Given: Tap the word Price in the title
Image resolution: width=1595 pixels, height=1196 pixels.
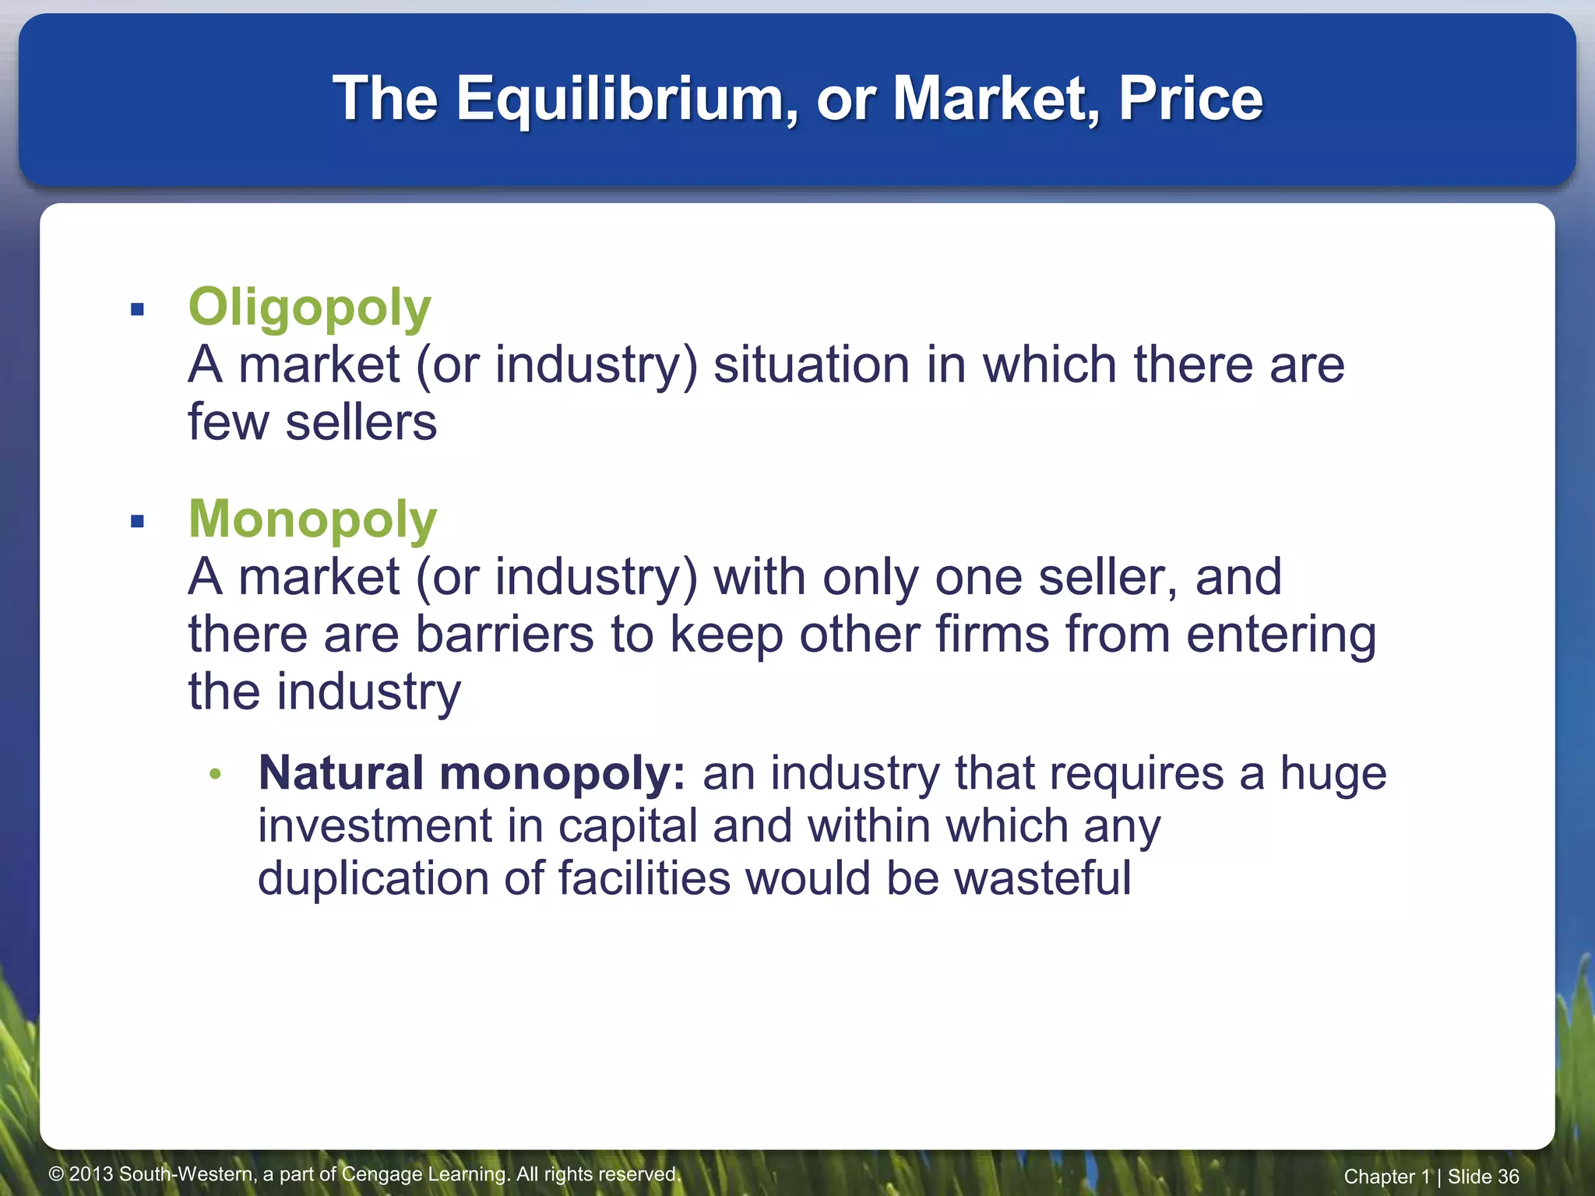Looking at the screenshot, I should pyautogui.click(x=1190, y=99).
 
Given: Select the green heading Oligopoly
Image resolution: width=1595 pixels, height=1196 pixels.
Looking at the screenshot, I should pyautogui.click(x=309, y=308).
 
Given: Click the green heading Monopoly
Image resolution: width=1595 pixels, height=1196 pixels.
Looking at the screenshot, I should pyautogui.click(x=312, y=519).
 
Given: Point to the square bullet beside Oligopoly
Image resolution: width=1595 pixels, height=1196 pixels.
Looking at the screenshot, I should pyautogui.click(x=138, y=310).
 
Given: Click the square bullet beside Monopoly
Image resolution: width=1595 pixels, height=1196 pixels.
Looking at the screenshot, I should pyautogui.click(x=138, y=522).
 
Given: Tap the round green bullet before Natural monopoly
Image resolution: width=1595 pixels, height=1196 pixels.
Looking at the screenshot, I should pyautogui.click(x=216, y=774).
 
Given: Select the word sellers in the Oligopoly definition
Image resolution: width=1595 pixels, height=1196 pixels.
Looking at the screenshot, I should pyautogui.click(x=361, y=423).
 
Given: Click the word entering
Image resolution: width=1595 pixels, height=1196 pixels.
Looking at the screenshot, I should pyautogui.click(x=1280, y=635).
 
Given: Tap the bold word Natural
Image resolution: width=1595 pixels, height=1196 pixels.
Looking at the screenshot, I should pyautogui.click(x=341, y=773).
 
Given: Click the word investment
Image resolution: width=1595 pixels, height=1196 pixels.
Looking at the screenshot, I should pyautogui.click(x=375, y=825).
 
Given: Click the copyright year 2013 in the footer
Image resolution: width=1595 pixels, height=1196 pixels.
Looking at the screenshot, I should pyautogui.click(x=92, y=1174).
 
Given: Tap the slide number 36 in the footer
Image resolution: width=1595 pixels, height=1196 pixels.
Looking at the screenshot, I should pyautogui.click(x=1508, y=1177).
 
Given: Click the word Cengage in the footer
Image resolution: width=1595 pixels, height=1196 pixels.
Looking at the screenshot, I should pyautogui.click(x=386, y=1174).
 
